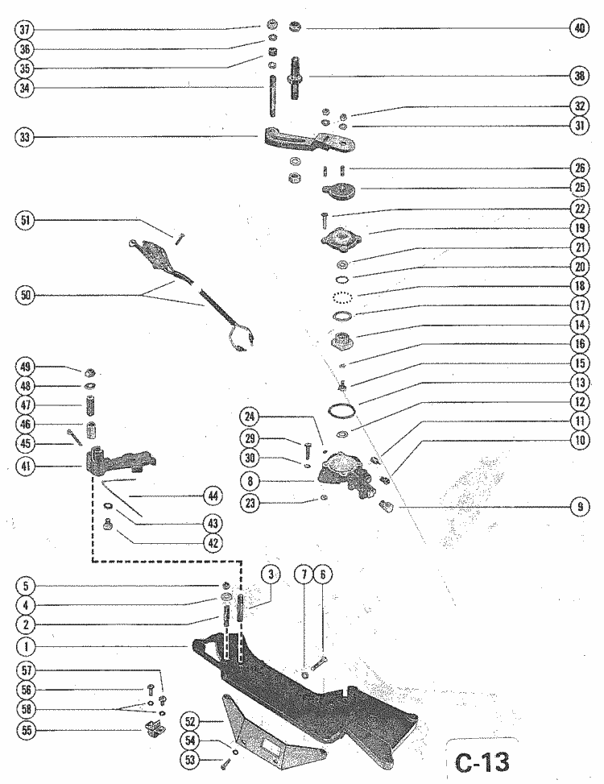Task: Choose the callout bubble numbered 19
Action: click(x=577, y=228)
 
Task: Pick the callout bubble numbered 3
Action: click(x=272, y=575)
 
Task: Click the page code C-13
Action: click(x=482, y=760)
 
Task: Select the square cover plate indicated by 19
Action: click(x=337, y=239)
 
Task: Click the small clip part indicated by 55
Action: click(x=153, y=731)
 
